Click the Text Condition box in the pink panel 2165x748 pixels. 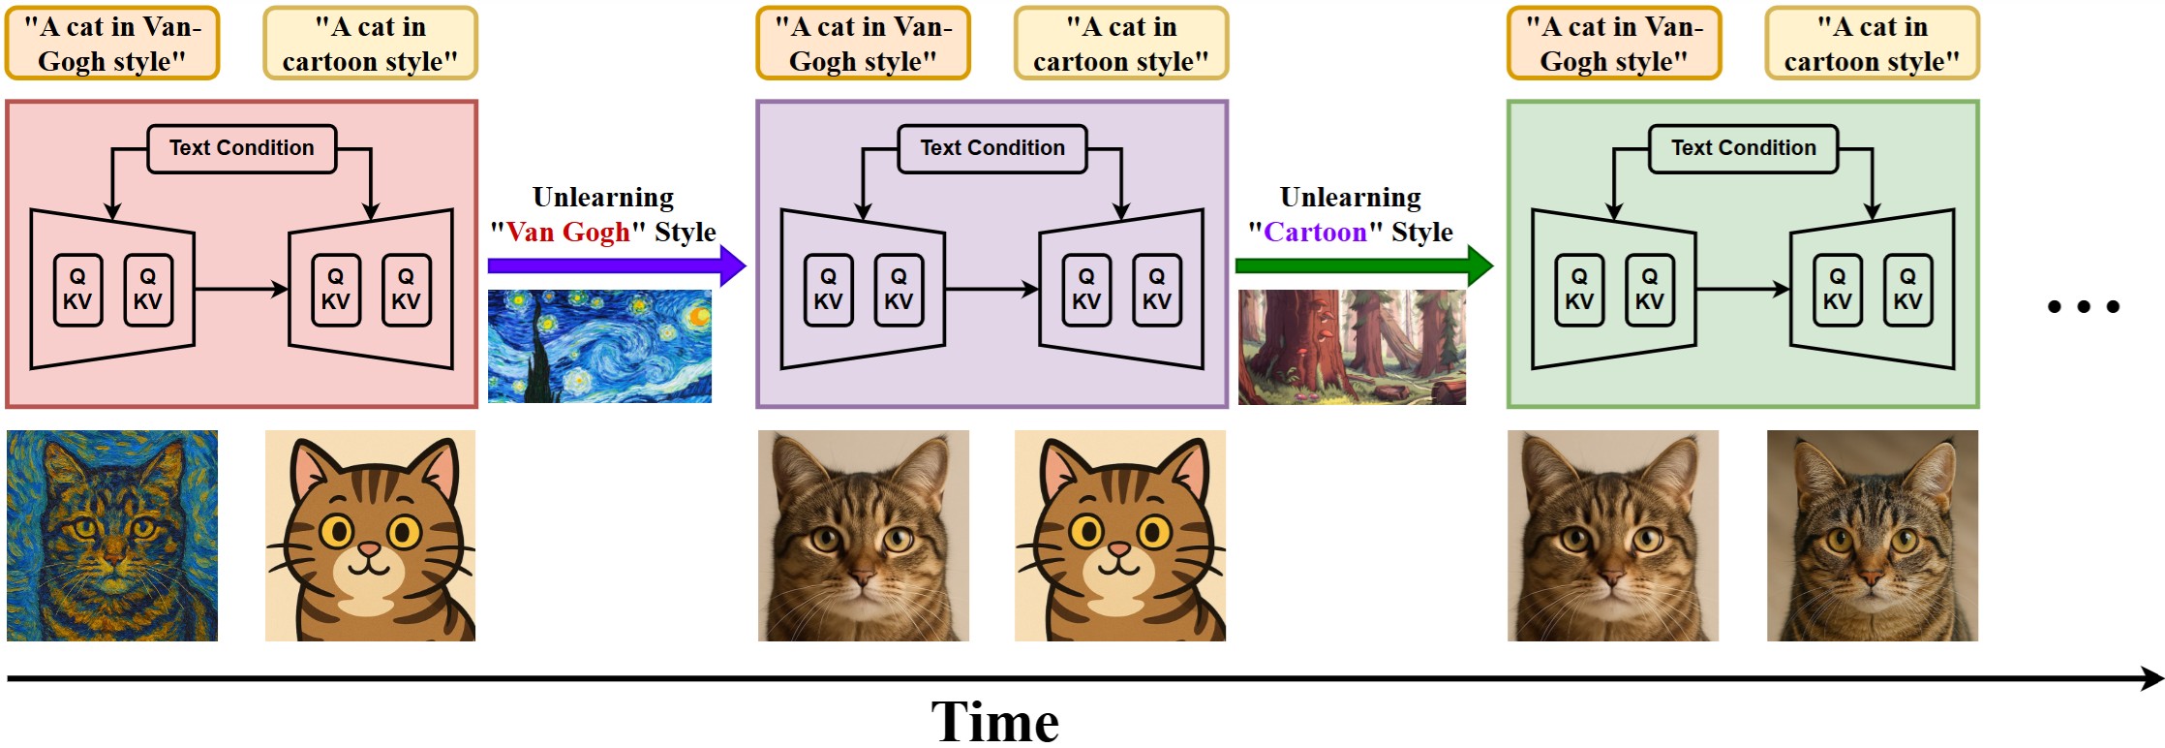(241, 148)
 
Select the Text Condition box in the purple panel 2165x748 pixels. (991, 148)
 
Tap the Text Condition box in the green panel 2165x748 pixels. (1743, 148)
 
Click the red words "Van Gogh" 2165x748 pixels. (567, 233)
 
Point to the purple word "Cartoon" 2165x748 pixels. (1315, 233)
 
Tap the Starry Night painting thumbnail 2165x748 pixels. (599, 346)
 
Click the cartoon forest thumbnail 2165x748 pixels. (1352, 347)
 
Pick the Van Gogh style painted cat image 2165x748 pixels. (112, 536)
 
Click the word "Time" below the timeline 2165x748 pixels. (994, 722)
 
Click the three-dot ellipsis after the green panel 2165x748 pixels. (2084, 307)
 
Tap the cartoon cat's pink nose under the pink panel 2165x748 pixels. (370, 549)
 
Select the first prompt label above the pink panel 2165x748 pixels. (112, 44)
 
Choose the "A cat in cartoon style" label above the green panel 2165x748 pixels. (1872, 44)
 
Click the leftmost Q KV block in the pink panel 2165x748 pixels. (77, 290)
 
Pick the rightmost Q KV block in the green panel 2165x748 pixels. (1907, 290)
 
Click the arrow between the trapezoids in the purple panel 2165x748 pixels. (991, 289)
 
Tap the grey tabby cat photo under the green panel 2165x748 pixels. (1872, 536)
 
